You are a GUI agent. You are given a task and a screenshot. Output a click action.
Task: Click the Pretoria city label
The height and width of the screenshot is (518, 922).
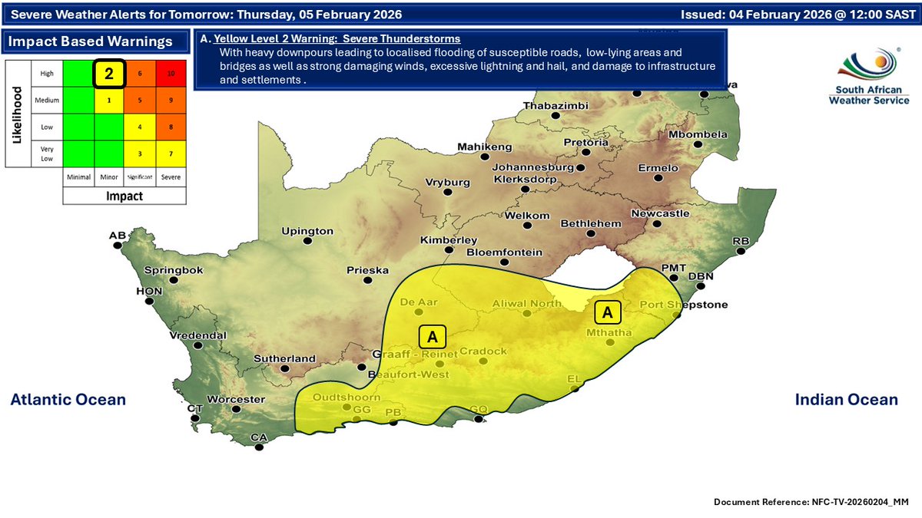tap(586, 143)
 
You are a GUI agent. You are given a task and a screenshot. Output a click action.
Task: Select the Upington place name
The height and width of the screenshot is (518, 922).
tap(307, 230)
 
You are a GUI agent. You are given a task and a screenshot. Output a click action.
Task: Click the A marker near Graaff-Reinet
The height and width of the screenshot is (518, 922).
tap(433, 336)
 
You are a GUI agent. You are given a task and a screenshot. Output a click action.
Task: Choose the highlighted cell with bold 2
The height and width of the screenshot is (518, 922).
tap(109, 74)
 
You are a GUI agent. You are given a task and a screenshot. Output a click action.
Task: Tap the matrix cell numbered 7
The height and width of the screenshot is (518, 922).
tap(171, 154)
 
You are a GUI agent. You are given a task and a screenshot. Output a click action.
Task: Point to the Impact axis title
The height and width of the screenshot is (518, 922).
tap(124, 196)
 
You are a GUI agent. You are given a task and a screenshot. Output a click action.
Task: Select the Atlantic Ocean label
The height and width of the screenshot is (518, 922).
tap(68, 399)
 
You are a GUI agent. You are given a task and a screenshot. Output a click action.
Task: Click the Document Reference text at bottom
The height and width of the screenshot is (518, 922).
tap(811, 501)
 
